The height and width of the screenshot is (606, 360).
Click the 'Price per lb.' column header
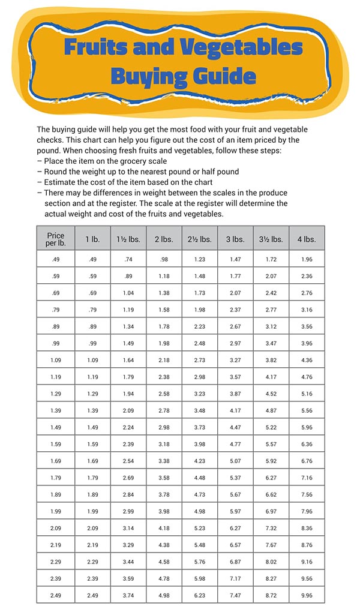[55, 238]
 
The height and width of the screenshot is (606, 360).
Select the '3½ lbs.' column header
[271, 239]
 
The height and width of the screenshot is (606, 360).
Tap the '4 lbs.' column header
[306, 239]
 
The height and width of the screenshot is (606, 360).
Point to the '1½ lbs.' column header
[128, 239]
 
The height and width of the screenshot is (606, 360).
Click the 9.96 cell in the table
[306, 596]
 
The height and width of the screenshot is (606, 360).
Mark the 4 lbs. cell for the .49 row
[306, 260]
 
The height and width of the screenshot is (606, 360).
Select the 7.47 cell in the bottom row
[235, 596]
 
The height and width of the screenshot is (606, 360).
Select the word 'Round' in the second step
[56, 172]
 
